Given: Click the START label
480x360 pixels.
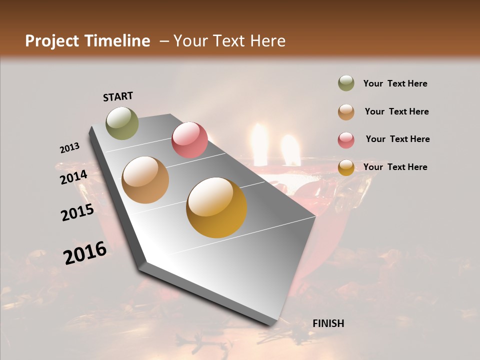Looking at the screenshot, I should point(118,96).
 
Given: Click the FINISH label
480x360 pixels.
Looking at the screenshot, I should point(328,323).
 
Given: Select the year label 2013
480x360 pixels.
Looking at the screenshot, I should point(70,148).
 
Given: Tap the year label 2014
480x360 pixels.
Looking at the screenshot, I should point(74,177).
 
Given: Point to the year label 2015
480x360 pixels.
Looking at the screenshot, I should point(77,212).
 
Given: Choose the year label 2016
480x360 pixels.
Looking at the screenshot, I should point(85,253).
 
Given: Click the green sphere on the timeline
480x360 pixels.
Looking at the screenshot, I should point(122,123).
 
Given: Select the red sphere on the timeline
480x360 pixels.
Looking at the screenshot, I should point(189,140).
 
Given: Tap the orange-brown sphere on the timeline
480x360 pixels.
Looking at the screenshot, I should point(145,180).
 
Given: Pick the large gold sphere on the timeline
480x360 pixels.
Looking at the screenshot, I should point(216,207).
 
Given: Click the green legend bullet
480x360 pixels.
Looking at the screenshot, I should point(346,83).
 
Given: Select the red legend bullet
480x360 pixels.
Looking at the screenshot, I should point(346,140).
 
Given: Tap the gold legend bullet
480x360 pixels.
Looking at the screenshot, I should point(346,167).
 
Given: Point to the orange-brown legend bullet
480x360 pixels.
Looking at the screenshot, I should point(346,112).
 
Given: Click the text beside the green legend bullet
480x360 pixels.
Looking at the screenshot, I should point(395,84).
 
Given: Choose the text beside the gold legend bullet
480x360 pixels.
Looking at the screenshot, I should point(395,167).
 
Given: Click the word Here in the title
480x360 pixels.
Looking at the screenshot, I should point(267,41).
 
